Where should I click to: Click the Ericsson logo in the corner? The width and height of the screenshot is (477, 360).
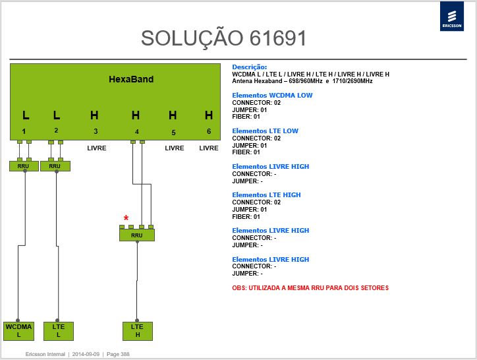click(x=452, y=16)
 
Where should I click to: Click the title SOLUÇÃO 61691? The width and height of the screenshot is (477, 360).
click(x=223, y=39)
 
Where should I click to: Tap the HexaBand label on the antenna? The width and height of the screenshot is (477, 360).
click(x=131, y=79)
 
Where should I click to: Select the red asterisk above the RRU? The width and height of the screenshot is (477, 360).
click(x=126, y=218)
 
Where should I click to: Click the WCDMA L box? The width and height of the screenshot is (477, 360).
click(x=18, y=331)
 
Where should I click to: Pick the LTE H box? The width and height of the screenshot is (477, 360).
click(x=138, y=331)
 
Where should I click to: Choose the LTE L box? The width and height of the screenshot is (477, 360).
click(x=59, y=331)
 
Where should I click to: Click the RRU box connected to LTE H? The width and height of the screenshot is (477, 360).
click(x=137, y=235)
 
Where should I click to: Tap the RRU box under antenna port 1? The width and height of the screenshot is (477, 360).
click(x=24, y=166)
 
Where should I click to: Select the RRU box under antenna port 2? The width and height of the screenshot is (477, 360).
click(x=55, y=166)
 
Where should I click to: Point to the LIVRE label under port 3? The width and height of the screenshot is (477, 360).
click(x=97, y=148)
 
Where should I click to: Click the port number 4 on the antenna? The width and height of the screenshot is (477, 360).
click(x=137, y=132)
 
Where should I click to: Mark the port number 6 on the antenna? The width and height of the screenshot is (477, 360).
click(x=209, y=131)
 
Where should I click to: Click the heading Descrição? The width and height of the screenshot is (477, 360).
click(x=250, y=67)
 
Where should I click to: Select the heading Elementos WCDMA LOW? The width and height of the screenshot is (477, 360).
click(x=272, y=96)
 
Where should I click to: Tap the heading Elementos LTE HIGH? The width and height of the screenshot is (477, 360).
click(x=266, y=195)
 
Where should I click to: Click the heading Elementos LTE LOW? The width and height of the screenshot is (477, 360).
click(x=266, y=131)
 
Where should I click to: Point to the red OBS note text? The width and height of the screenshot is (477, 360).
click(x=310, y=288)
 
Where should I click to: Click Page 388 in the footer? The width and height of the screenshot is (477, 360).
click(x=118, y=354)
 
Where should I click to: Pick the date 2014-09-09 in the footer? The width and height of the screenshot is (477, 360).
click(x=86, y=354)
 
